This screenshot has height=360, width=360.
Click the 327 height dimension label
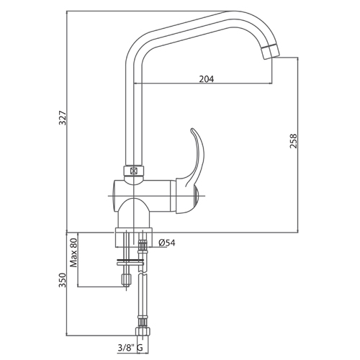click(63, 118)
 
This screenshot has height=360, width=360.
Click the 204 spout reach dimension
click(207, 78)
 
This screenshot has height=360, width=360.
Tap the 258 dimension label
click(293, 141)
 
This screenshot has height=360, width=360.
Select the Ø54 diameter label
click(167, 243)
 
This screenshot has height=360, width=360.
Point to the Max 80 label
click(74, 253)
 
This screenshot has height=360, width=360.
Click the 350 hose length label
click(63, 280)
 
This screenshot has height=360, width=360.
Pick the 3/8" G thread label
click(130, 348)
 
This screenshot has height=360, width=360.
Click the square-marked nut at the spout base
click(133, 171)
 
